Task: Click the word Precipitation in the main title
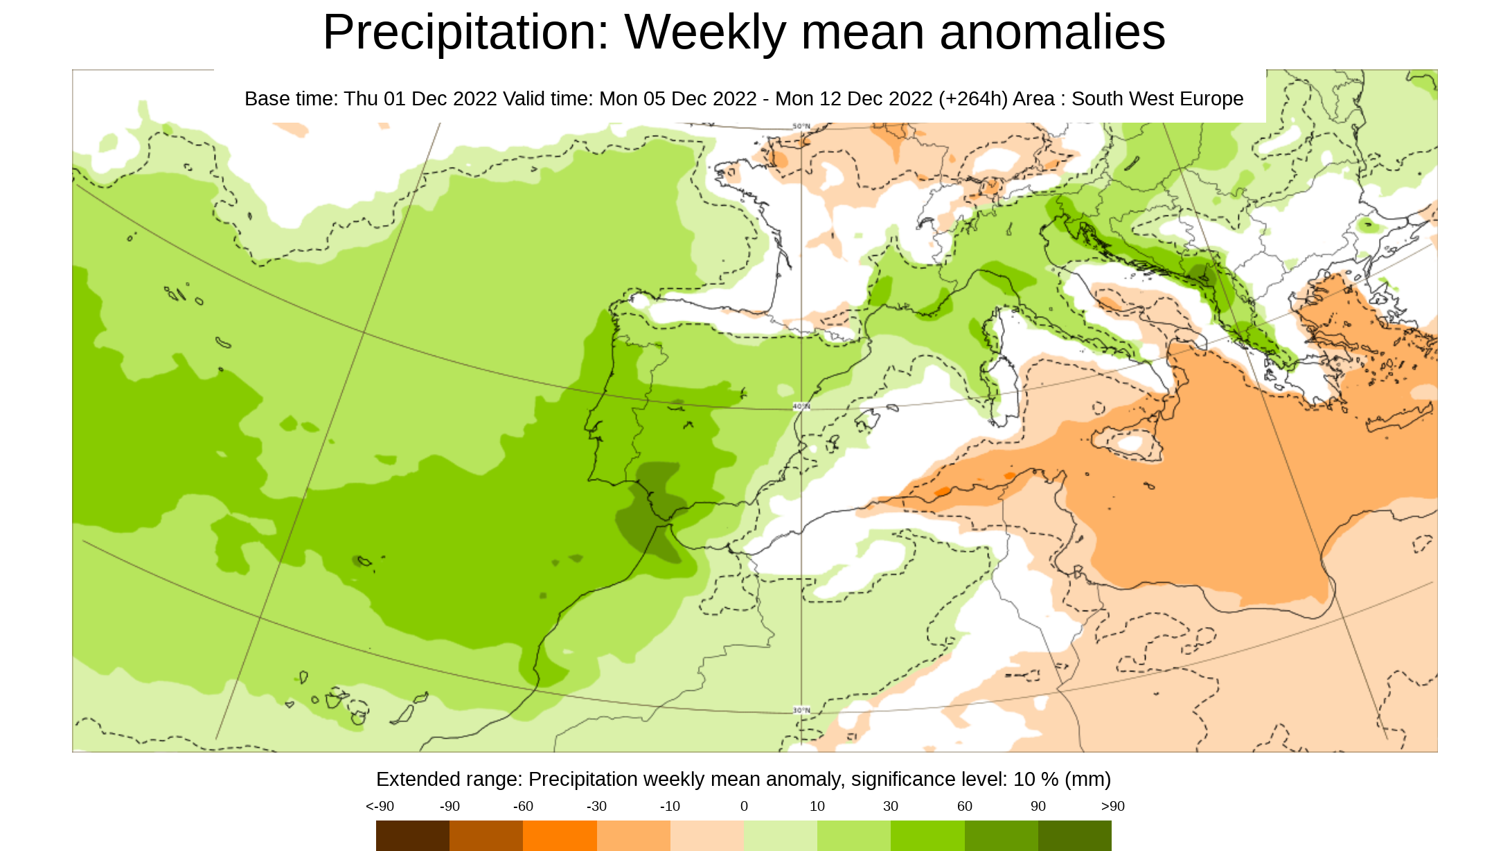[x=465, y=33]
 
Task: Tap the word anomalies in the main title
[x=1052, y=33]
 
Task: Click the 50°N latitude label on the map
[x=801, y=126]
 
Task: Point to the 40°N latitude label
[x=801, y=406]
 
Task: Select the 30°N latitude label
[x=801, y=710]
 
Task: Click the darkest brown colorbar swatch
[x=413, y=835]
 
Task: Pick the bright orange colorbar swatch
[x=560, y=835]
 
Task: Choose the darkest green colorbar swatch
[x=1074, y=835]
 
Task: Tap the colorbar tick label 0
[x=744, y=806]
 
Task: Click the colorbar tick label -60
[x=523, y=806]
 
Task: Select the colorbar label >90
[x=1112, y=806]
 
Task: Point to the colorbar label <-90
[x=380, y=806]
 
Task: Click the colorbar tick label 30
[x=891, y=806]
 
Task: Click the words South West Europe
[x=1157, y=99]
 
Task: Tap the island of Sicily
[x=1129, y=441]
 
